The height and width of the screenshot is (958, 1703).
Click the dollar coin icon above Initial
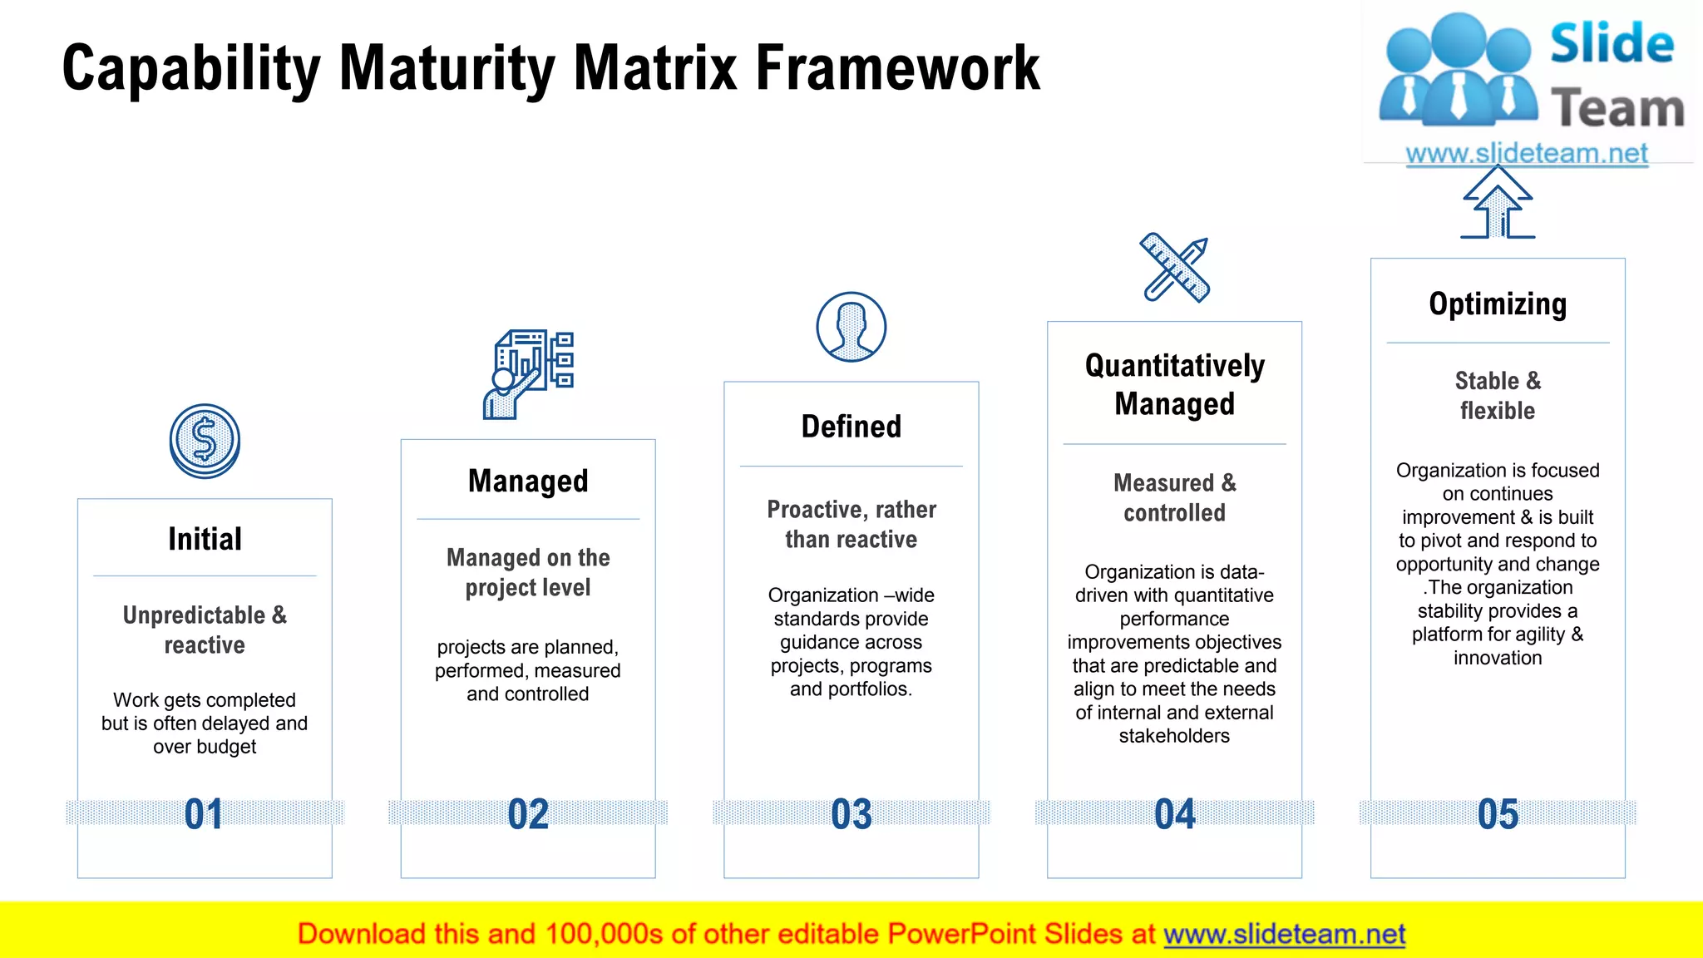205,441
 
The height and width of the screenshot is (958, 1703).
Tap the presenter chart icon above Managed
529,374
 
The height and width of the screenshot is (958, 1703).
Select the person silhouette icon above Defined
851,327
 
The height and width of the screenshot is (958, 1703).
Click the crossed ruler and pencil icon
1174,267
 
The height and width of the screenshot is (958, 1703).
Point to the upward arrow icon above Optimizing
1498,203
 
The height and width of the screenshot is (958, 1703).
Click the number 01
204,814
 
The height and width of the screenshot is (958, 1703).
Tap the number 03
851,814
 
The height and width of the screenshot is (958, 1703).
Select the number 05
1498,814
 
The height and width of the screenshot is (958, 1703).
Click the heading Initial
205,539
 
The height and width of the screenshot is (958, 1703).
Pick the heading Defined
851,427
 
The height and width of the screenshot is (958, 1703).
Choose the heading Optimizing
1498,304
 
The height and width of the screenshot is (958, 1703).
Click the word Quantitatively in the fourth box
1174,366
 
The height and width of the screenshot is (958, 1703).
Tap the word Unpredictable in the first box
194,615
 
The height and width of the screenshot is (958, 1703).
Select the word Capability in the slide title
191,68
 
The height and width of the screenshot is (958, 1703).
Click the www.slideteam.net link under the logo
1527,154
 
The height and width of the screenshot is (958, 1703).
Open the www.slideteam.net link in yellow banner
1284,935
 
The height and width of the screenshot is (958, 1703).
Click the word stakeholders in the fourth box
1173,736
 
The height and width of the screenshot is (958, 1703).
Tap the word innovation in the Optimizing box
1498,658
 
